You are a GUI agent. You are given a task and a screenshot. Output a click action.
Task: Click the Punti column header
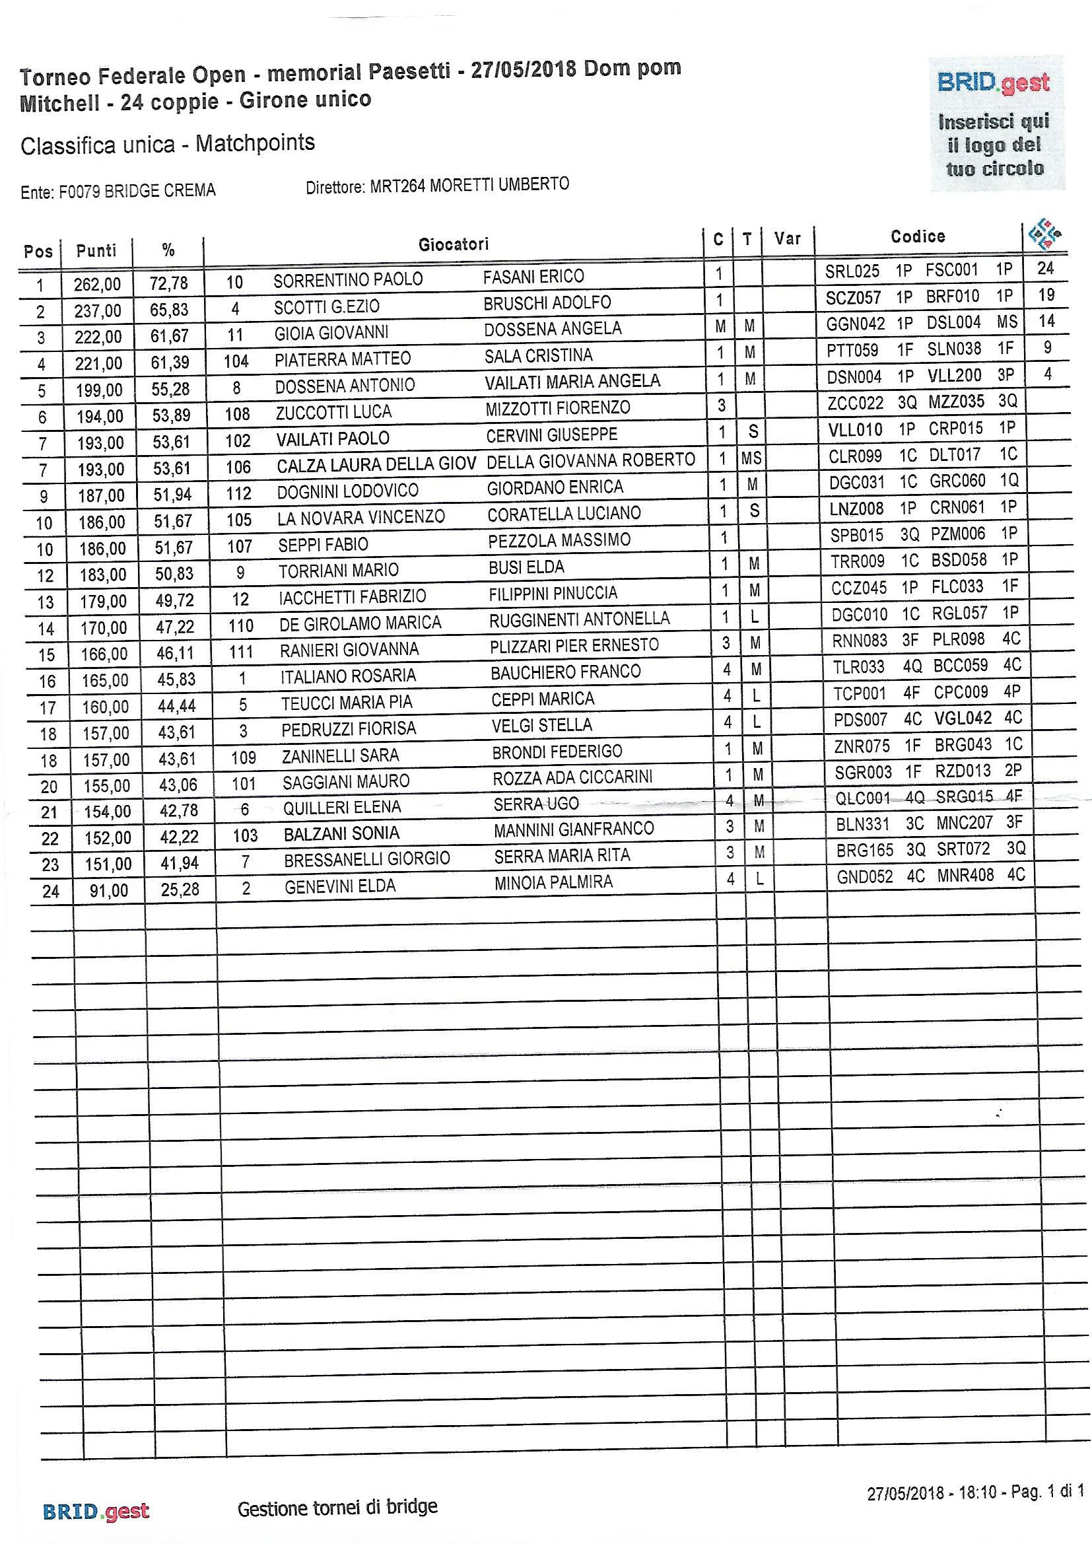96,251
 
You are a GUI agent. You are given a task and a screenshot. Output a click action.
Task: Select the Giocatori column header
453,244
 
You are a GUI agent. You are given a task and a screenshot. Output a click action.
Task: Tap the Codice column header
917,236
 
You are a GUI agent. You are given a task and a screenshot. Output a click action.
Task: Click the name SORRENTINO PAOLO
348,280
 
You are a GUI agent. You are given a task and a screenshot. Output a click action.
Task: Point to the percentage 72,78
169,283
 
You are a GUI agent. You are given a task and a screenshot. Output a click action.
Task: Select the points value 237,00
98,310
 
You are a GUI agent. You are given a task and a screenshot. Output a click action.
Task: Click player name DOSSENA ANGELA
552,329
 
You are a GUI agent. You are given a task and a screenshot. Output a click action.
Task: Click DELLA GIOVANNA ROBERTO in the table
590,460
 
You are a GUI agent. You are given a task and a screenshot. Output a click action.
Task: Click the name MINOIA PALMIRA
553,882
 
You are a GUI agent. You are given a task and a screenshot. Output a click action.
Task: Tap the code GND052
865,877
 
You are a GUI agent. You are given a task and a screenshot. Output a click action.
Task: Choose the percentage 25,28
180,890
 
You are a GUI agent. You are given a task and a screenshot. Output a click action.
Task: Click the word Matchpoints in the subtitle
255,143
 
